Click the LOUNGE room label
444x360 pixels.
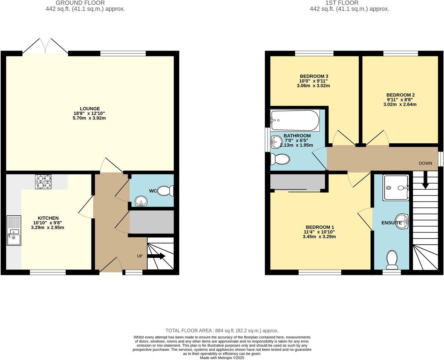click(90, 109)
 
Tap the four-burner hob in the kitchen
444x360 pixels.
click(43, 181)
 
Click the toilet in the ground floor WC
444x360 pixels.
click(166, 191)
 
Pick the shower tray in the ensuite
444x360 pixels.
click(396, 188)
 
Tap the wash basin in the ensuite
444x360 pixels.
click(403, 221)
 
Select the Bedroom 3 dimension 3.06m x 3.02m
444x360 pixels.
click(313, 86)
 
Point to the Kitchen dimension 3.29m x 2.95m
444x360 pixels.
click(48, 228)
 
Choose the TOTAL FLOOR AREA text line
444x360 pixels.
click(222, 330)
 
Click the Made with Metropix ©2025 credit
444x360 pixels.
click(222, 358)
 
